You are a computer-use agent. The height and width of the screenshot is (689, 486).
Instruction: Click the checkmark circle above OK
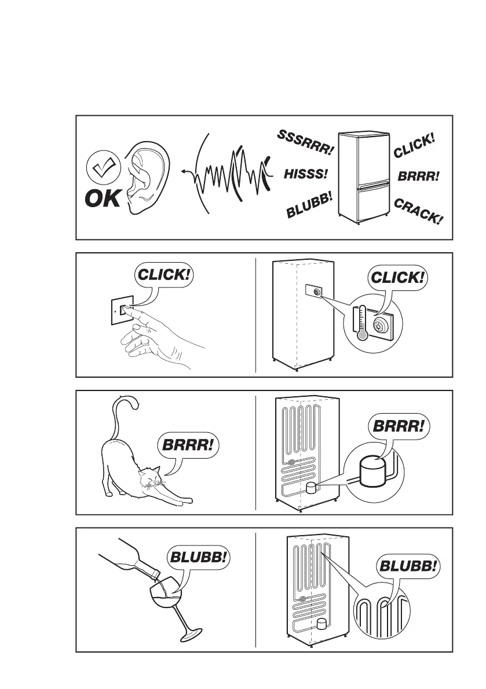(x=102, y=168)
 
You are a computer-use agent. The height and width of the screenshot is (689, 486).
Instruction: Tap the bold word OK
(x=103, y=199)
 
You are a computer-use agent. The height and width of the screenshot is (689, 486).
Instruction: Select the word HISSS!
(x=306, y=174)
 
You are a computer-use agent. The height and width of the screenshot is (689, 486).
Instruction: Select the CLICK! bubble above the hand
(x=163, y=274)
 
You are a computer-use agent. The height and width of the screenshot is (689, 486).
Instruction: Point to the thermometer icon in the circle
(x=361, y=322)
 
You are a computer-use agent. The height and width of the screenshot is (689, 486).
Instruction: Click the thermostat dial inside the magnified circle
(x=382, y=324)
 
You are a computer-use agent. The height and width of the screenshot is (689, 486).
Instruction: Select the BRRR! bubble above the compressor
(x=399, y=427)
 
